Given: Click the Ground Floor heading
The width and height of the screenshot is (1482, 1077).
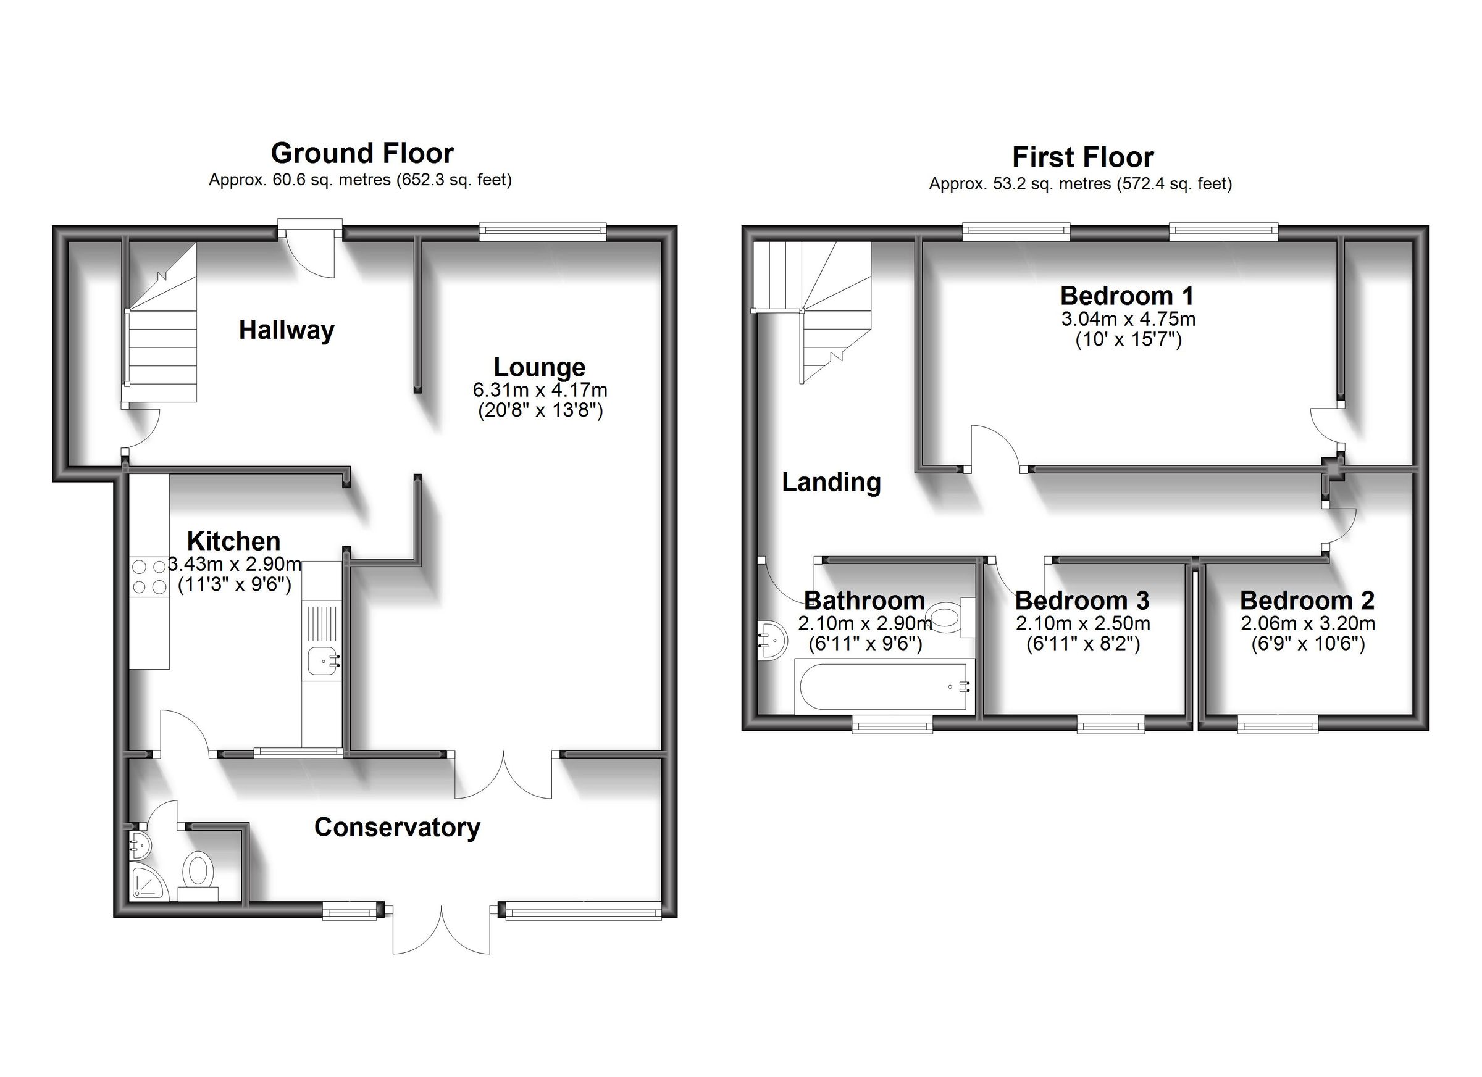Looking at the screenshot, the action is tap(362, 154).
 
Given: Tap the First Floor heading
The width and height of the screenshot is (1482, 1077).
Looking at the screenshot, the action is tap(1082, 157).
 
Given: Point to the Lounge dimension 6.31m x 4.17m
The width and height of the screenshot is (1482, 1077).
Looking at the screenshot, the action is tap(540, 391).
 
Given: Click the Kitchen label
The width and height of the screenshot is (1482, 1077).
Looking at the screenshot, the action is tap(233, 541).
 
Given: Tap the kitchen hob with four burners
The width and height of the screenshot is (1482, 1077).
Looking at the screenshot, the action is tap(149, 576).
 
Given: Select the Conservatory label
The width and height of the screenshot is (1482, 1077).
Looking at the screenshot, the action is tap(397, 828).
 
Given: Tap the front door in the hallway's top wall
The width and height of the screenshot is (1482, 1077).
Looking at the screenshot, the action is tap(310, 251).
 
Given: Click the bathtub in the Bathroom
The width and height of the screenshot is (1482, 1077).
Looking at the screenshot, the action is tap(884, 686).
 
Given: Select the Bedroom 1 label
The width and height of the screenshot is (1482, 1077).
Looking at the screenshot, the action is tap(1127, 296).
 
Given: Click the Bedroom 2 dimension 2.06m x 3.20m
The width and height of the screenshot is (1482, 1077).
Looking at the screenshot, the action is tap(1307, 624).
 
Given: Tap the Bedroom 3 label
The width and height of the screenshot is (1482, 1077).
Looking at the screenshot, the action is tap(1082, 601).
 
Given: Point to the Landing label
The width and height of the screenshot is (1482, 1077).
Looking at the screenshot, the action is tap(831, 483).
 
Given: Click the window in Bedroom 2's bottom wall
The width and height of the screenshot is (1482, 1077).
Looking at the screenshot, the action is tap(1277, 725).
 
